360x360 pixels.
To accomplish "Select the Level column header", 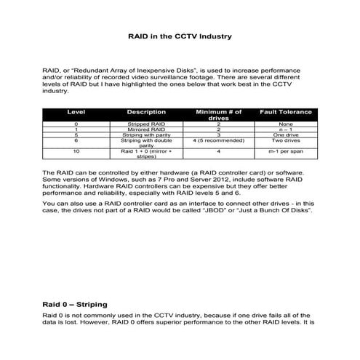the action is pyautogui.click(x=76, y=112).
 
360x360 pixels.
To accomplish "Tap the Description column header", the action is pyautogui.click(x=146, y=112).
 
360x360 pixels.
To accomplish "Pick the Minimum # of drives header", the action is pyautogui.click(x=218, y=115).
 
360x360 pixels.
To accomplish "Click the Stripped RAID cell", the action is pyautogui.click(x=146, y=124).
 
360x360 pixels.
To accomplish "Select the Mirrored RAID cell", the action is pyautogui.click(x=146, y=129).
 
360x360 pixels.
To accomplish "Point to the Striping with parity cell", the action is pyautogui.click(x=146, y=135).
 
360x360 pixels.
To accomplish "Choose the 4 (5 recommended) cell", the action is pyautogui.click(x=218, y=141).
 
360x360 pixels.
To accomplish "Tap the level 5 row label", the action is pyautogui.click(x=76, y=135).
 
